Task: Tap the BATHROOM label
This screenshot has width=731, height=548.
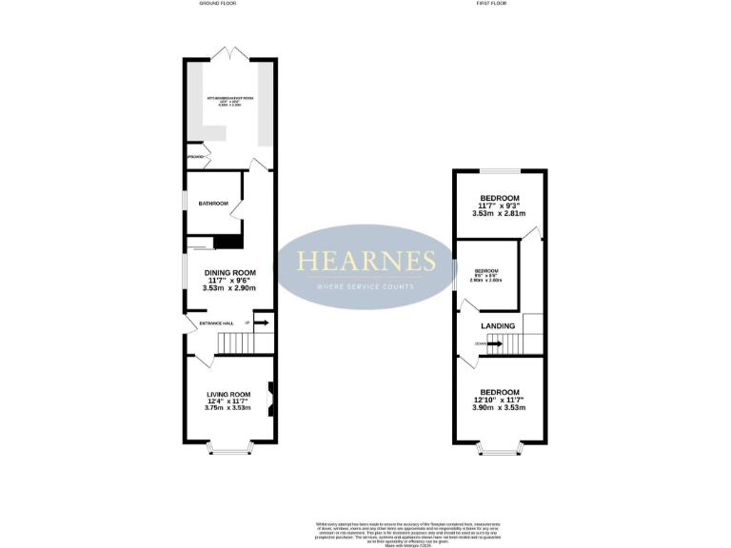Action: pos(213,204)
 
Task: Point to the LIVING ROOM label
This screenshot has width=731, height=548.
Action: pos(228,394)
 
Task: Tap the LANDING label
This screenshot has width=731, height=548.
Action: pos(498,326)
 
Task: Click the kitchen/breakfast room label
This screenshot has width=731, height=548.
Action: pos(230,99)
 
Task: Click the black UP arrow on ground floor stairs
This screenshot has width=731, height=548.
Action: pos(262,323)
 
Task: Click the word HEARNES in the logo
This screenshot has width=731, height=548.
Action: pos(366,262)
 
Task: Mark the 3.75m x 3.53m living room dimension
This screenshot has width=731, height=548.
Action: pos(228,408)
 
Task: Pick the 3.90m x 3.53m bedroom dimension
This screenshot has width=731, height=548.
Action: pos(500,407)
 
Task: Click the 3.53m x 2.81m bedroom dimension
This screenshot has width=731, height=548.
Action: pos(500,214)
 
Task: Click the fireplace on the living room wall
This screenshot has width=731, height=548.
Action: pos(271,400)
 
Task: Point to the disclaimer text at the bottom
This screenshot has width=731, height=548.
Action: pos(366,528)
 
